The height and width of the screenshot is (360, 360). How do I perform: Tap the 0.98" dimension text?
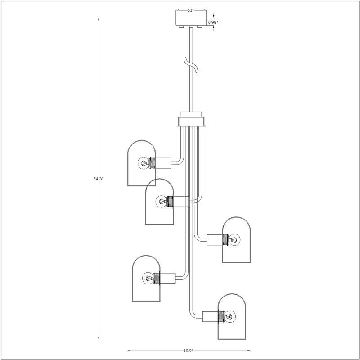213,21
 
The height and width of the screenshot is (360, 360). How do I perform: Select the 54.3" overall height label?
98,179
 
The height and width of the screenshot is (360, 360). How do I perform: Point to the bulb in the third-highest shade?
235,239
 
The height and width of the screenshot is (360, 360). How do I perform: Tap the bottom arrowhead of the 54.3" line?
99,338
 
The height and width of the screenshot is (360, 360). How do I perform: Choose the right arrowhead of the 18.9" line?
249,350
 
